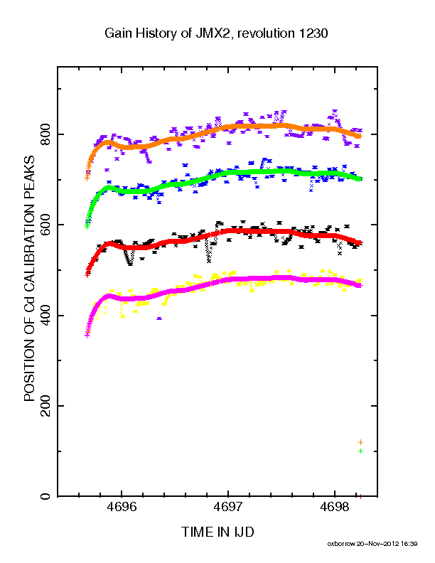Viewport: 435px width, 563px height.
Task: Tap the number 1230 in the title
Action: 311,33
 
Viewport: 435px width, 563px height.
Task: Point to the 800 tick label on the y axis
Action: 45,134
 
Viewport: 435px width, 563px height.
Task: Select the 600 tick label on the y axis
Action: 45,225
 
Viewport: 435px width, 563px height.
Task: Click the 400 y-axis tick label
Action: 45,315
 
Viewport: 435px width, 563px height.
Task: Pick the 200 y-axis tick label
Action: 45,406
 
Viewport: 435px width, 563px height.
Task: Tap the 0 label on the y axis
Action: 45,496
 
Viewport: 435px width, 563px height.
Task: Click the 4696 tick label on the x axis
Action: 122,508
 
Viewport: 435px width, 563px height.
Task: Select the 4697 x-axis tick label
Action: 228,508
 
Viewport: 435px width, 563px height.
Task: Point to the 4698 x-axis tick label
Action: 335,508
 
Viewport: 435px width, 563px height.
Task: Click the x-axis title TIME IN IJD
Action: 217,532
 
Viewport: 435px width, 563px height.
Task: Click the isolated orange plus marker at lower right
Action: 360,442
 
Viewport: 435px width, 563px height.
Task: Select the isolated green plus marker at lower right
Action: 360,451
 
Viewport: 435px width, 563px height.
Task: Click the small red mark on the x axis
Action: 360,496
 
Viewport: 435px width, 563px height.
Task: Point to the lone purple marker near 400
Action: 159,318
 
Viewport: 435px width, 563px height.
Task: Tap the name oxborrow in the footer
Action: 341,544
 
